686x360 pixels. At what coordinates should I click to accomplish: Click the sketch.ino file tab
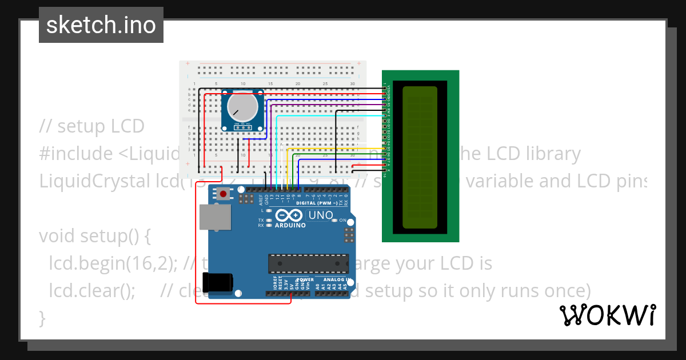[101, 25]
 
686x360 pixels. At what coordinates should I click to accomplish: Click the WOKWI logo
[607, 315]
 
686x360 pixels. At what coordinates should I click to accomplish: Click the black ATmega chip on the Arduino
[308, 263]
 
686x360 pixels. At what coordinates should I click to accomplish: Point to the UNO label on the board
[321, 215]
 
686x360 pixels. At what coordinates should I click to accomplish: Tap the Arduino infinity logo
[289, 215]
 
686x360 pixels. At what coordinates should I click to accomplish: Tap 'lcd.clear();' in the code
[92, 290]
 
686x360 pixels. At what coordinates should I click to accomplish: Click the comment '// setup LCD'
[92, 126]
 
